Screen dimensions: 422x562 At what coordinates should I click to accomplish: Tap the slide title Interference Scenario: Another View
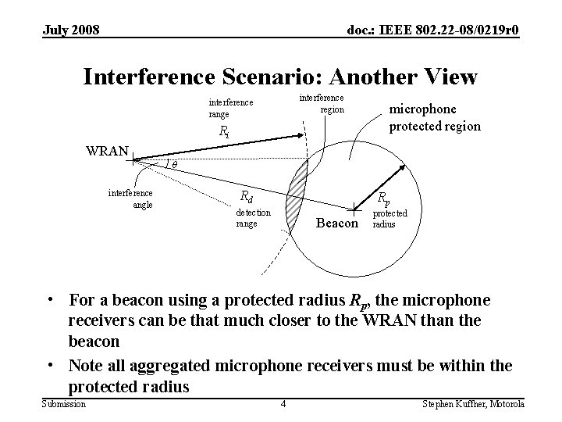pyautogui.click(x=279, y=76)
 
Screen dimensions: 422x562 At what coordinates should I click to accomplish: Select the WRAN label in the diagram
pyautogui.click(x=108, y=148)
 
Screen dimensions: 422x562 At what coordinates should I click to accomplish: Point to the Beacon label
pyautogui.click(x=337, y=223)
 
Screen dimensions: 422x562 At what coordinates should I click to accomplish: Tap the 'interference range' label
pyautogui.click(x=230, y=108)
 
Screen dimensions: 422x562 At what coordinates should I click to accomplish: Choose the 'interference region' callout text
pyautogui.click(x=322, y=103)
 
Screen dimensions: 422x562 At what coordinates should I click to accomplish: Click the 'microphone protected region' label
pyautogui.click(x=435, y=116)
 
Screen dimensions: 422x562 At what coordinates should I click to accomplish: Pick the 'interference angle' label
pyautogui.click(x=130, y=198)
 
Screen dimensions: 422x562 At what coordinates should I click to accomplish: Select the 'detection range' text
pyautogui.click(x=253, y=217)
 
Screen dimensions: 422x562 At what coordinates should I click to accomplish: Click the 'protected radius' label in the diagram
pyautogui.click(x=390, y=217)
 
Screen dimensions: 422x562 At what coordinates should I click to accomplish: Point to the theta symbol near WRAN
pyautogui.click(x=175, y=165)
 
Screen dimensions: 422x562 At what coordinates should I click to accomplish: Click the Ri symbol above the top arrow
pyautogui.click(x=224, y=131)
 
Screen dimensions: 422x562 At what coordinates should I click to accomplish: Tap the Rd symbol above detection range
pyautogui.click(x=245, y=196)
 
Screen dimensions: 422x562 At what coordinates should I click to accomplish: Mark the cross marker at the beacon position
pyautogui.click(x=355, y=208)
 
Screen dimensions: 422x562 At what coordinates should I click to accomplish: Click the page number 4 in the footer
pyautogui.click(x=283, y=403)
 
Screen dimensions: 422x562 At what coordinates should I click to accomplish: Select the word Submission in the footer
pyautogui.click(x=63, y=402)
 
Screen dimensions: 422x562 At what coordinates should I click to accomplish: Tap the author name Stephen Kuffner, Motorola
pyautogui.click(x=473, y=403)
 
